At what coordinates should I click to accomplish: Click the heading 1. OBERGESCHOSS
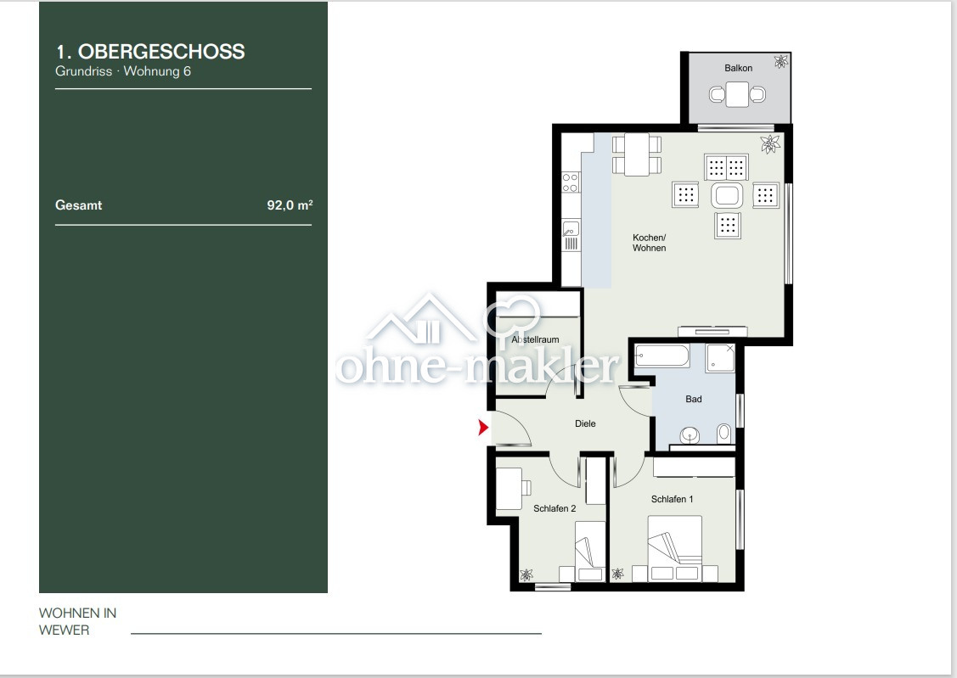[150, 51]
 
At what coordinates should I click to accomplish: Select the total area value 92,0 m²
[290, 205]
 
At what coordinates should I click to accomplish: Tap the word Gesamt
[79, 205]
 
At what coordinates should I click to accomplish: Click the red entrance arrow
[483, 428]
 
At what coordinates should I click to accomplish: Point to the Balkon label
[738, 68]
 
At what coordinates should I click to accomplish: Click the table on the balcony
[738, 93]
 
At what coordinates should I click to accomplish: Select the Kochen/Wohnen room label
[649, 243]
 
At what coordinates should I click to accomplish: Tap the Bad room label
[694, 399]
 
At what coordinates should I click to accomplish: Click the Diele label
[585, 423]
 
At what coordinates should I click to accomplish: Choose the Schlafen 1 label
[672, 499]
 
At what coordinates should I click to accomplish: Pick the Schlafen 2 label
[554, 508]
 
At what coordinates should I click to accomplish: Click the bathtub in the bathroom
[661, 355]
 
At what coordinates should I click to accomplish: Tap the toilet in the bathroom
[723, 433]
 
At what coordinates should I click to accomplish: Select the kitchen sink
[571, 228]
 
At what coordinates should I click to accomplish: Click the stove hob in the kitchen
[571, 182]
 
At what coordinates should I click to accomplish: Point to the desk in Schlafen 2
[509, 488]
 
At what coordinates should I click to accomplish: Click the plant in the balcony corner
[780, 62]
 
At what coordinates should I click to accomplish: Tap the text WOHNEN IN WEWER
[77, 621]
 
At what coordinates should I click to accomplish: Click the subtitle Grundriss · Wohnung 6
[123, 71]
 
